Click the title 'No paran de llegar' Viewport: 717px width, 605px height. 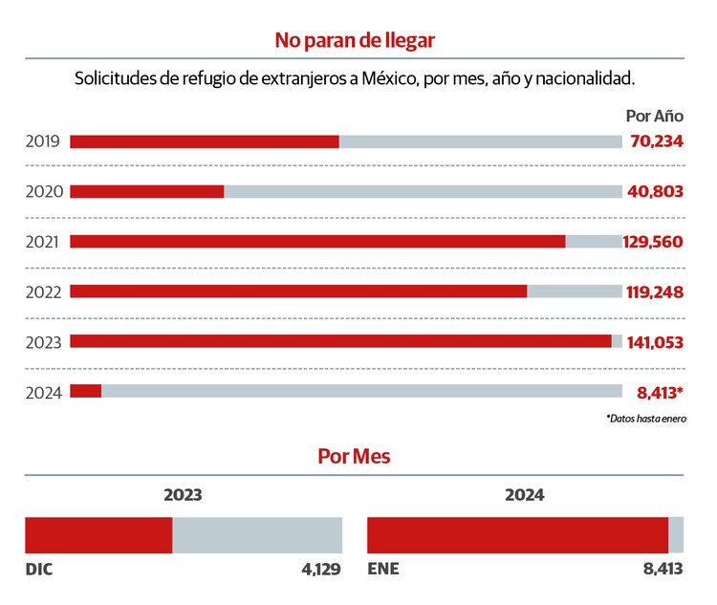(x=355, y=40)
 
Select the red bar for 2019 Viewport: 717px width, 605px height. (x=205, y=141)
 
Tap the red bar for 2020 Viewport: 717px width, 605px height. (x=147, y=191)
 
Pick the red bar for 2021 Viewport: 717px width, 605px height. (x=317, y=242)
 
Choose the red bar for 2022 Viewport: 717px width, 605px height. (x=298, y=292)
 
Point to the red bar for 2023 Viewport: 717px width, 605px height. (x=340, y=341)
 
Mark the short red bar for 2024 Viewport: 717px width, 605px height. (x=86, y=391)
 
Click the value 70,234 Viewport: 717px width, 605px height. (x=657, y=141)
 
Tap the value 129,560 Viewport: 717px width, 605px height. (x=654, y=242)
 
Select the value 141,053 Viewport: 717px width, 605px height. (x=655, y=341)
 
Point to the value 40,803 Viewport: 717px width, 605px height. (x=656, y=191)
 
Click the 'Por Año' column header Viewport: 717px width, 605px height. (x=655, y=116)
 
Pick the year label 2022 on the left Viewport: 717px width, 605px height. (x=44, y=292)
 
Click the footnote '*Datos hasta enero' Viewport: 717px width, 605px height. (x=645, y=419)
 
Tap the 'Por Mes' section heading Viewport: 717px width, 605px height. (x=355, y=457)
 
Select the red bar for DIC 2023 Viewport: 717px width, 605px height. (x=98, y=535)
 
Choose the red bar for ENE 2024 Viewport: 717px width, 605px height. (x=518, y=535)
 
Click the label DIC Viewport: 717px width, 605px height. (x=39, y=570)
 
